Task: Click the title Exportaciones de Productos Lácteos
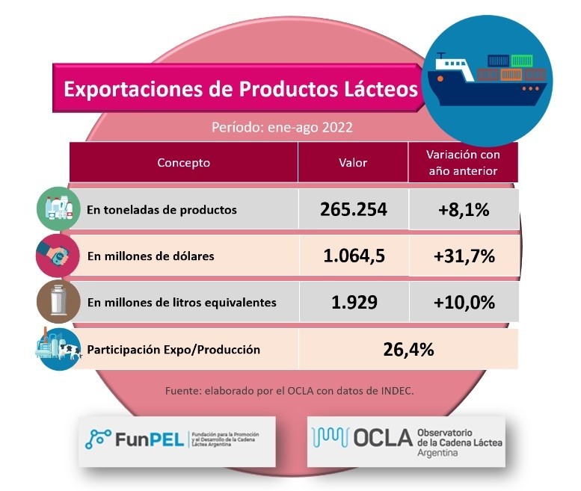pyautogui.click(x=240, y=90)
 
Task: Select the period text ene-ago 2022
pyautogui.click(x=282, y=127)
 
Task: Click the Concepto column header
pyautogui.click(x=183, y=163)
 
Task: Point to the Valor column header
pyautogui.click(x=353, y=163)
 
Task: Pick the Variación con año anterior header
pyautogui.click(x=463, y=162)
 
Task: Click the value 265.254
pyautogui.click(x=354, y=209)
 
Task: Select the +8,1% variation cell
pyautogui.click(x=464, y=210)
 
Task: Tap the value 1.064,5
pyautogui.click(x=354, y=256)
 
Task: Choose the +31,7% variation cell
pyautogui.click(x=464, y=256)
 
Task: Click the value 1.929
pyautogui.click(x=354, y=303)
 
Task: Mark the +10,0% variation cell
pyautogui.click(x=464, y=303)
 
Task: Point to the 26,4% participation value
pyautogui.click(x=408, y=349)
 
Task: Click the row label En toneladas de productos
pyautogui.click(x=162, y=210)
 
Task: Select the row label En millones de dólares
pyautogui.click(x=150, y=256)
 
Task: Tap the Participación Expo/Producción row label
pyautogui.click(x=173, y=350)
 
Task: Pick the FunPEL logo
pyautogui.click(x=177, y=440)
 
